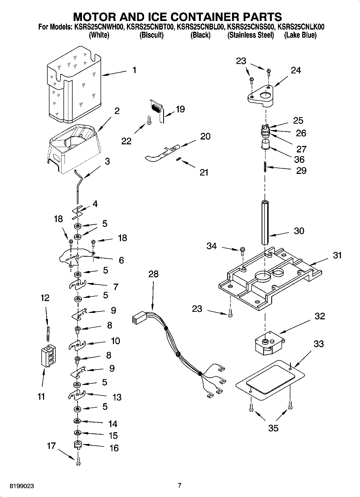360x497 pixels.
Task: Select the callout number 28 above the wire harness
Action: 154,274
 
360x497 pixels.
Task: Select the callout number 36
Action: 299,159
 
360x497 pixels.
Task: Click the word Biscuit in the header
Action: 151,35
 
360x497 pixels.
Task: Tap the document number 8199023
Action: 22,486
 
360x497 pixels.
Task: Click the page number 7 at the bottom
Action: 180,485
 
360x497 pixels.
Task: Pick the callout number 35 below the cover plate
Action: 273,428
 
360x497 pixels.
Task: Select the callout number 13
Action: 117,397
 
